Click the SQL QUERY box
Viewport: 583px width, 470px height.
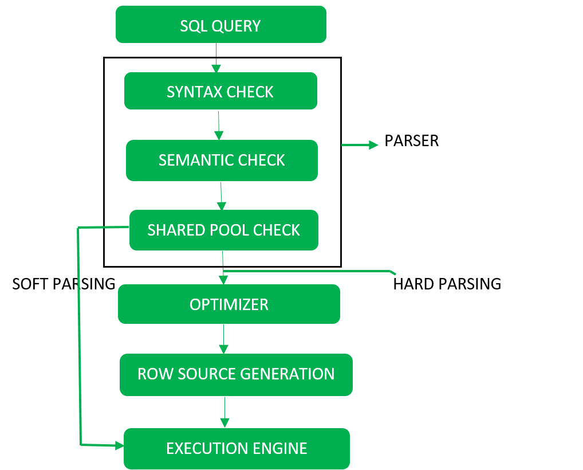(220, 25)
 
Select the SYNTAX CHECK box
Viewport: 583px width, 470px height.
(220, 91)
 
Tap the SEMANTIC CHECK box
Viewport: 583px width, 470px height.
(222, 160)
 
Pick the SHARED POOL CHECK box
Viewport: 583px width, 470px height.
(223, 230)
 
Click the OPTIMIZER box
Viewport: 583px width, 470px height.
(229, 304)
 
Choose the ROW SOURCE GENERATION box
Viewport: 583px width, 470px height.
(235, 374)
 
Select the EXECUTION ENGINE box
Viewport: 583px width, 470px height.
(236, 448)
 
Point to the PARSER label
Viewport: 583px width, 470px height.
(411, 141)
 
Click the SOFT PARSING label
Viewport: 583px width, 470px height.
(64, 284)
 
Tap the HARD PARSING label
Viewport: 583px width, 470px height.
(447, 284)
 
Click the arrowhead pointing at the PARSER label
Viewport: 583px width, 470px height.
(373, 145)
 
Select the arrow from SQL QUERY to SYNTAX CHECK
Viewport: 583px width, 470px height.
(216, 57)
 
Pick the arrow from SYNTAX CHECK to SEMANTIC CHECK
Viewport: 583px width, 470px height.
(218, 124)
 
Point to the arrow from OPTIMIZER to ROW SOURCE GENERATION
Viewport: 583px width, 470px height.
(223, 339)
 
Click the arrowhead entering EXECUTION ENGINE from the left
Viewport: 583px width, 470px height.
(119, 445)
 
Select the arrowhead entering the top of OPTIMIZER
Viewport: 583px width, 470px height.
(223, 280)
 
